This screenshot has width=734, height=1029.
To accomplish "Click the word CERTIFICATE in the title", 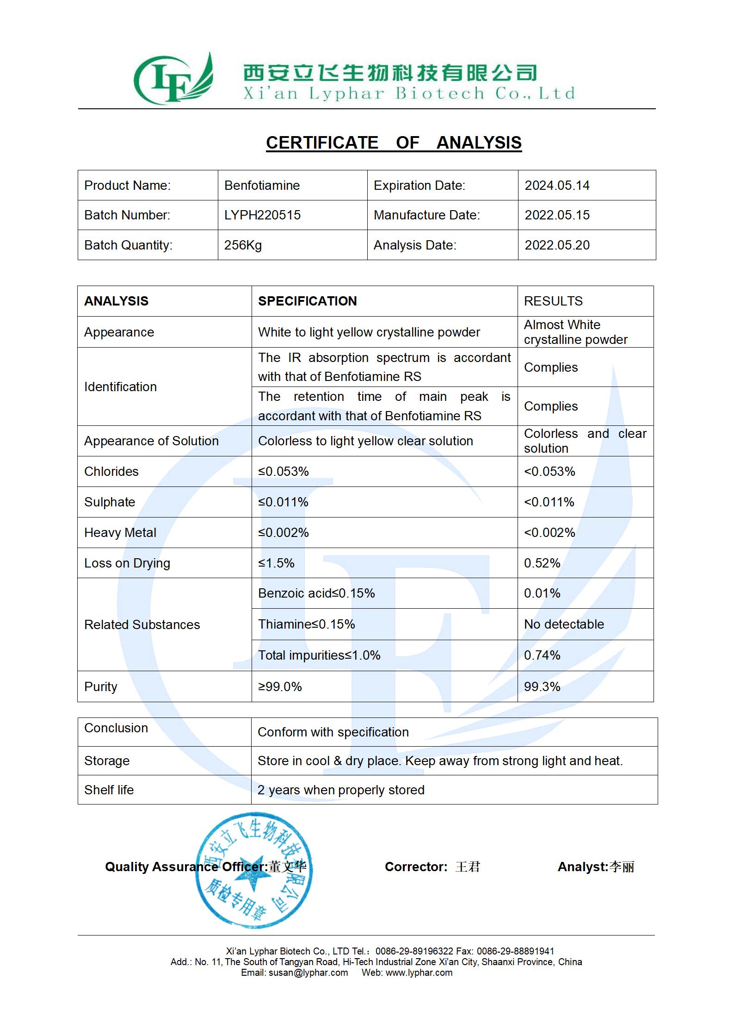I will click(x=322, y=143).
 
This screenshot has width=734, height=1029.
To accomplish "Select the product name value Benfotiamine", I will click(x=262, y=186).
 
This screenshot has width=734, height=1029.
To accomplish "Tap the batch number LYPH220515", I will click(x=262, y=215).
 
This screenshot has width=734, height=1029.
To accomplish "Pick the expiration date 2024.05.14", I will click(x=557, y=186).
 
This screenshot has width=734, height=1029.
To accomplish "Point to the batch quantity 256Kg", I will click(x=243, y=245).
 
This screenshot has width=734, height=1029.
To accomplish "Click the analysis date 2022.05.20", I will click(x=557, y=245).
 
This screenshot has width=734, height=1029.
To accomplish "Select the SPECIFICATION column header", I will click(x=307, y=301).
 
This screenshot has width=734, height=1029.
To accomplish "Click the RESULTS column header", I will click(x=553, y=301).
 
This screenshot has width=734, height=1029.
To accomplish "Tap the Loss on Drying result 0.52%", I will click(x=542, y=563).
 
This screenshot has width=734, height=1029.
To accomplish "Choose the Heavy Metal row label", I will click(x=120, y=533).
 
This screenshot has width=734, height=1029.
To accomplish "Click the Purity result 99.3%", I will click(x=542, y=686).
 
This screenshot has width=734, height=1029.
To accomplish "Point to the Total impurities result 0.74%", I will click(x=542, y=655).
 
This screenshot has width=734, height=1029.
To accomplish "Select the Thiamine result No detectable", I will click(x=564, y=624).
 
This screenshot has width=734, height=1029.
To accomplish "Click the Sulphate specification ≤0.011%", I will click(x=283, y=502).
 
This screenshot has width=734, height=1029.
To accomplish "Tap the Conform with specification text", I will click(x=333, y=732).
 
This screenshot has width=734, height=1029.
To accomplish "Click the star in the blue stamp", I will click(x=253, y=874).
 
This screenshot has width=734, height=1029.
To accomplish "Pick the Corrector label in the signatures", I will click(x=416, y=867).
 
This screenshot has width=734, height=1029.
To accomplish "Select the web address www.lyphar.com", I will click(x=419, y=973).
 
